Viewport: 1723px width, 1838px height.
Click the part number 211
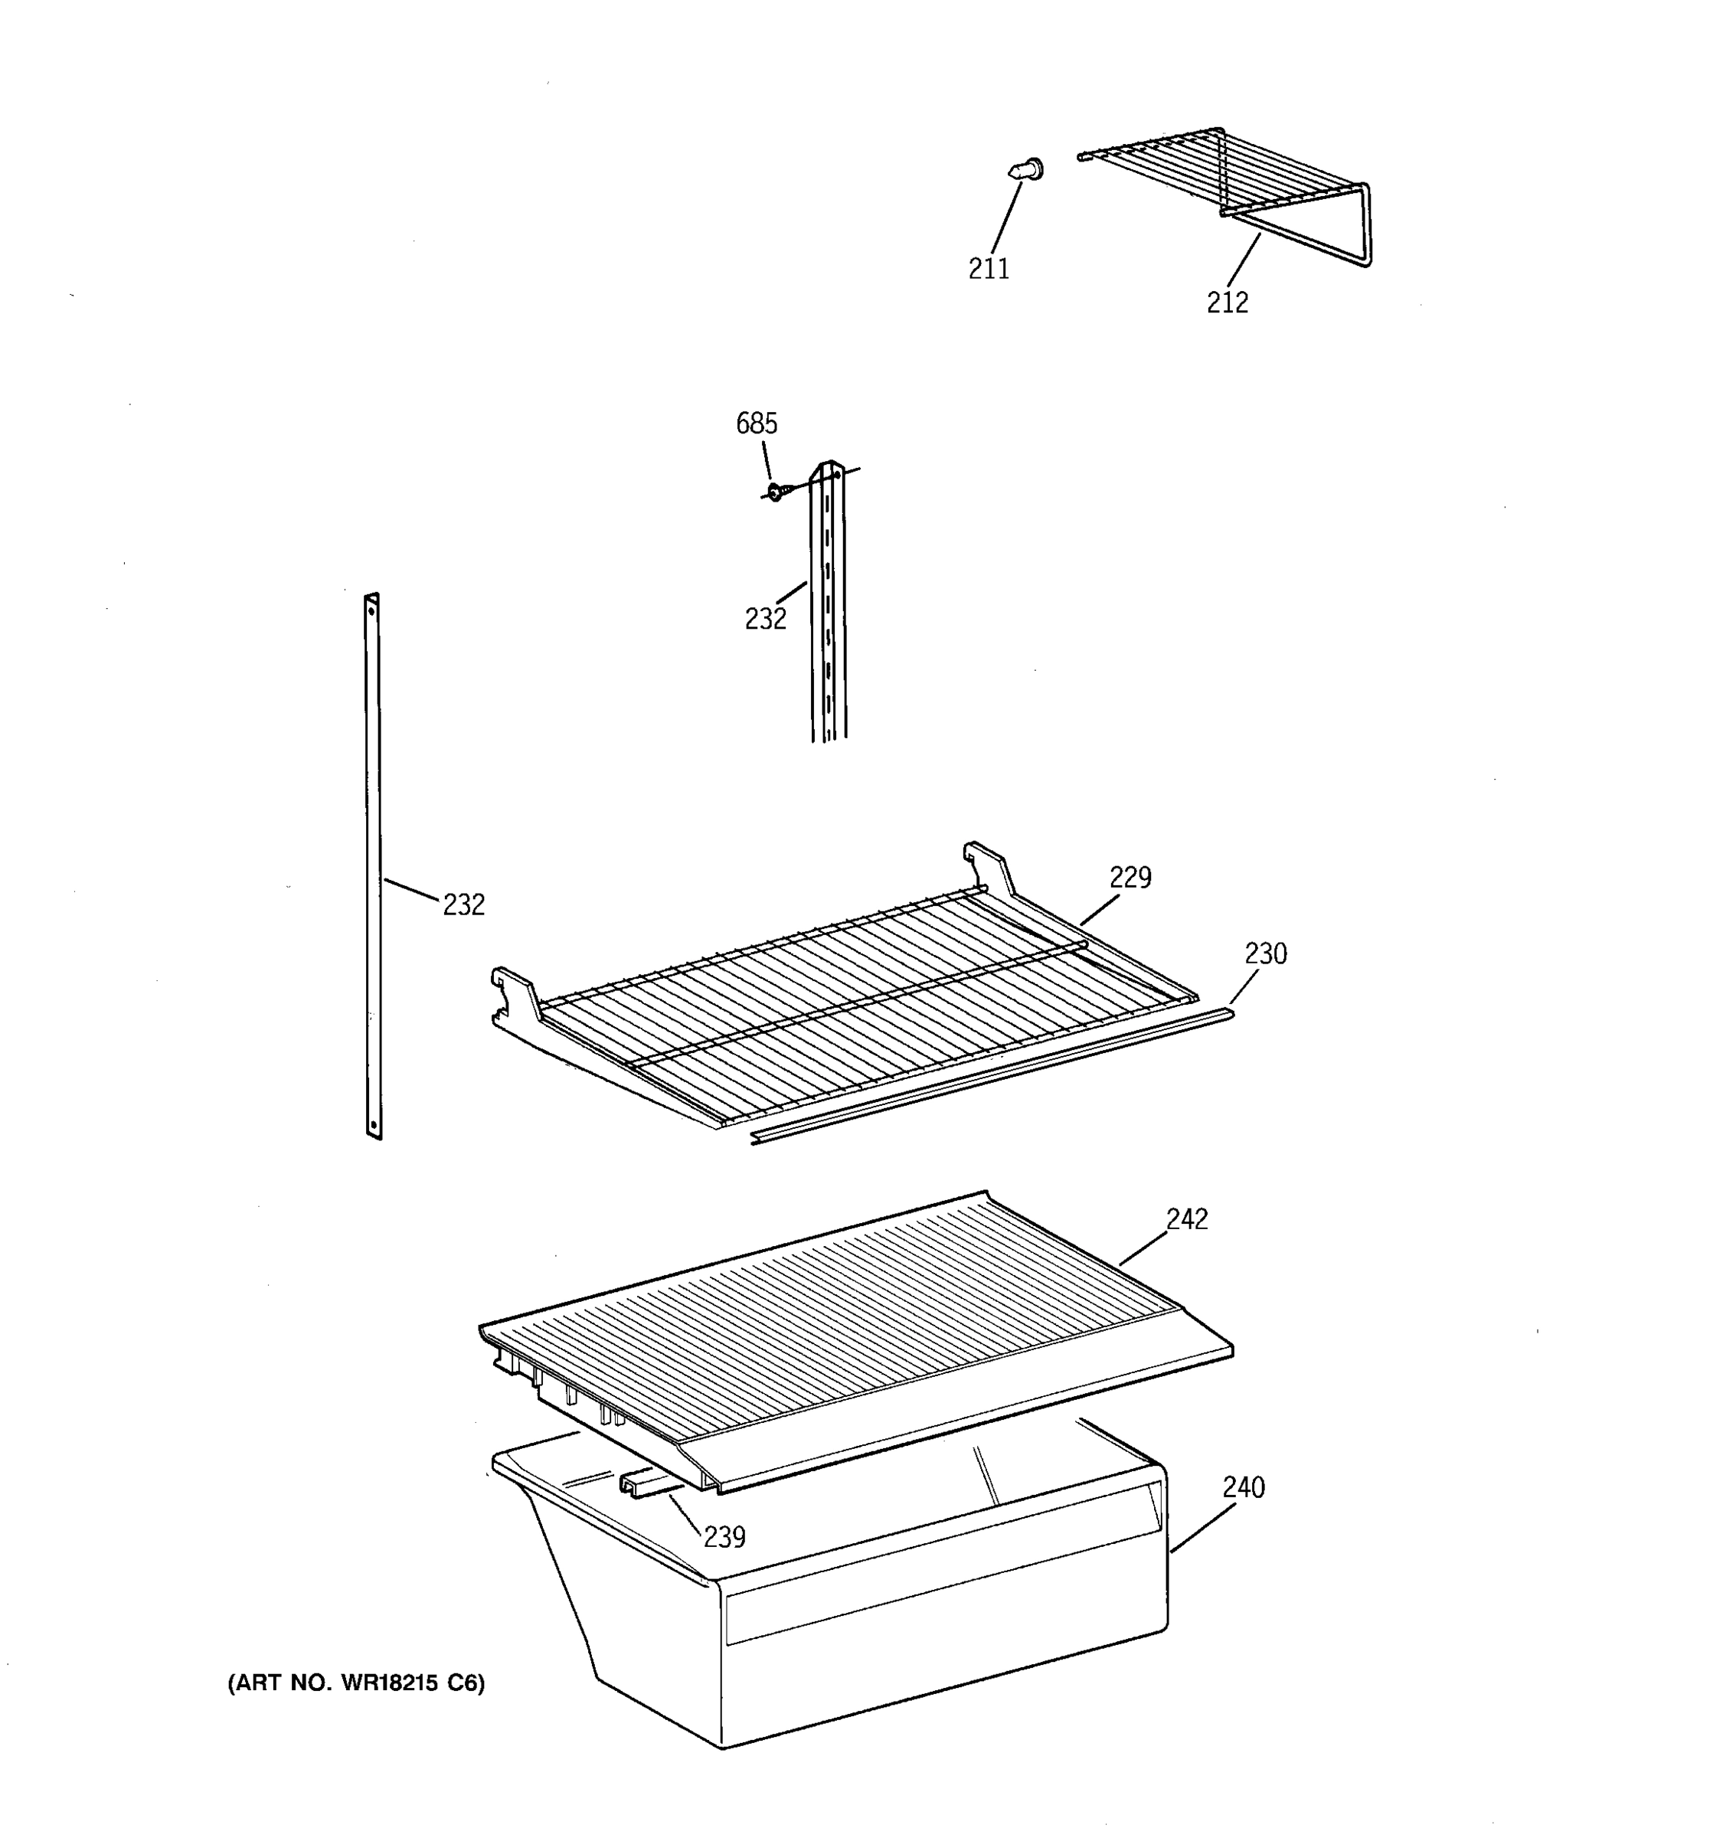(988, 269)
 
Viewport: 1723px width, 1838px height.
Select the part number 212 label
(1227, 303)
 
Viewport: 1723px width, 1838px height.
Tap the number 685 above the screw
(756, 424)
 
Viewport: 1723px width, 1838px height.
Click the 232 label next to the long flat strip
(463, 905)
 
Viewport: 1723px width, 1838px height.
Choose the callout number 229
(1130, 878)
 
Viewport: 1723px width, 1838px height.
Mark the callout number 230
(1264, 953)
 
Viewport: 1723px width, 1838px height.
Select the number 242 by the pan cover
(1186, 1219)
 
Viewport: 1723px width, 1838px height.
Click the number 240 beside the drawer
(1244, 1487)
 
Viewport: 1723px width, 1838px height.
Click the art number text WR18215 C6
(356, 1683)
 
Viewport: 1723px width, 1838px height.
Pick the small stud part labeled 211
(1025, 170)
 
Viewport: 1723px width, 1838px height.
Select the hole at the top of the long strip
(371, 608)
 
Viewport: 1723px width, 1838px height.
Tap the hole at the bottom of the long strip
(374, 1125)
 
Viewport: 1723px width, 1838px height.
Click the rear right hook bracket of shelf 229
(988, 865)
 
